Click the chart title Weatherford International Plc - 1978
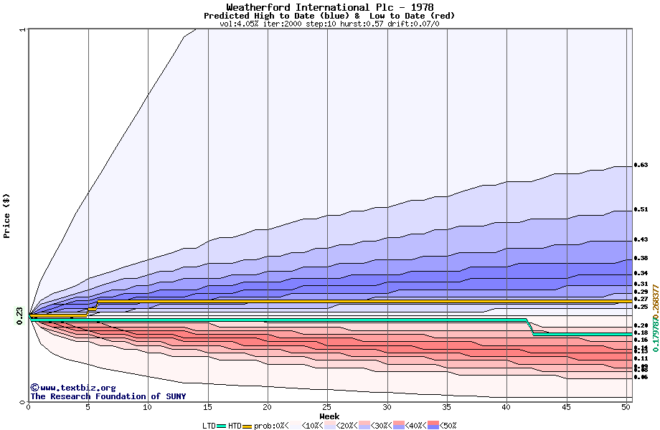click(x=329, y=7)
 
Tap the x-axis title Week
click(x=329, y=416)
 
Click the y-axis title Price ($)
click(x=7, y=215)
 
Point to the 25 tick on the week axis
click(x=327, y=407)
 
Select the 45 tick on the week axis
click(x=567, y=407)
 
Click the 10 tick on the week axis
click(x=148, y=407)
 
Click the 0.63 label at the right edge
click(x=641, y=165)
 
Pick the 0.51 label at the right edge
click(x=641, y=210)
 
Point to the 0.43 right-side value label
click(x=641, y=239)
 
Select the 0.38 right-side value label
click(x=641, y=258)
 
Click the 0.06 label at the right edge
click(x=641, y=377)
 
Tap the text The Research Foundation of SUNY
click(x=108, y=396)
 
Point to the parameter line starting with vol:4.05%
click(x=329, y=24)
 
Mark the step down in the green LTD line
click(x=530, y=328)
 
